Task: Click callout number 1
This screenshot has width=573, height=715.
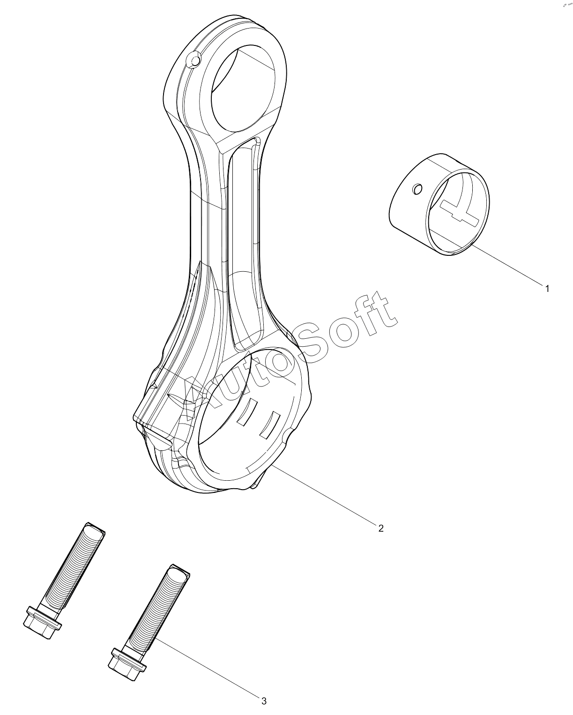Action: click(x=547, y=289)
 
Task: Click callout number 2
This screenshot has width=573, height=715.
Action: click(x=381, y=528)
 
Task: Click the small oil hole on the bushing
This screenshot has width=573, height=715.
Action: click(x=417, y=189)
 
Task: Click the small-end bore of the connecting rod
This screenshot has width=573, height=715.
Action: click(x=243, y=89)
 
